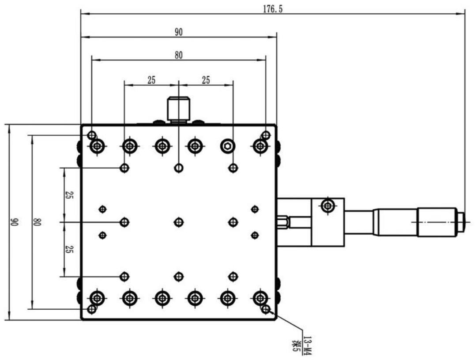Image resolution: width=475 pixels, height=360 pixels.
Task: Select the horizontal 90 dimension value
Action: [x=178, y=32]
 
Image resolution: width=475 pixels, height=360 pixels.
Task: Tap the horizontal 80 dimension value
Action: [x=178, y=55]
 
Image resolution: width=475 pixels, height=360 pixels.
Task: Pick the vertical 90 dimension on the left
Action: [x=14, y=222]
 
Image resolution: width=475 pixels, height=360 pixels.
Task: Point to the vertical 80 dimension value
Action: [x=37, y=222]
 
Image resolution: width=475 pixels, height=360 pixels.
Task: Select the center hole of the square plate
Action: [x=178, y=222]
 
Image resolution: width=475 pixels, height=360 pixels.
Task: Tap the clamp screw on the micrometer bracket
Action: [x=327, y=205]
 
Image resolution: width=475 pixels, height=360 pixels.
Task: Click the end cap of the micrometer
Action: [x=461, y=221]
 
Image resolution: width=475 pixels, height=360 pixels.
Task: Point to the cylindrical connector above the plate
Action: [x=178, y=109]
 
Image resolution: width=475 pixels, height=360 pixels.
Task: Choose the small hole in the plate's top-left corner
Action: [x=92, y=135]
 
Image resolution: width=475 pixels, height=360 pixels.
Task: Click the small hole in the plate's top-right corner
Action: [x=265, y=135]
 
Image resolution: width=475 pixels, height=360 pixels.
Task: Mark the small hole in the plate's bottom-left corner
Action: [x=92, y=309]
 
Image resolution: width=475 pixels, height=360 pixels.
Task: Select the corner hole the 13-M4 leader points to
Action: [x=265, y=309]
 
